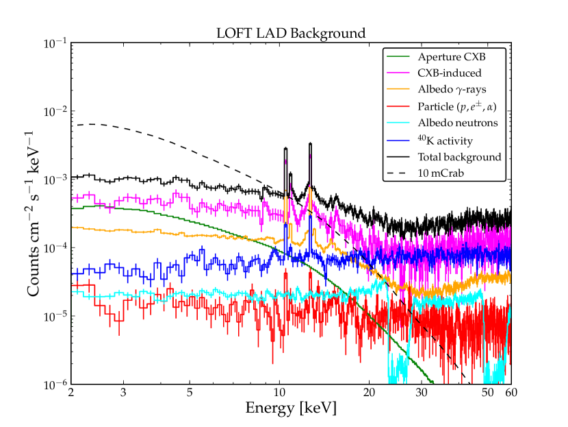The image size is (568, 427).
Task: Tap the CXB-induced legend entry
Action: [x=449, y=73]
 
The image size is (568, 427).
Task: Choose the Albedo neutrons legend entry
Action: [x=456, y=123]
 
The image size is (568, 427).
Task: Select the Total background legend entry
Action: [x=459, y=157]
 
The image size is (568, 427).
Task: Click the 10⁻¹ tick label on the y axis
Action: [x=54, y=43]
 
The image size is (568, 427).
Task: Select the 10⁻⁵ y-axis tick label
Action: [x=54, y=316]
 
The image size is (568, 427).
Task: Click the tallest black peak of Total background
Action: [x=310, y=144]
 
